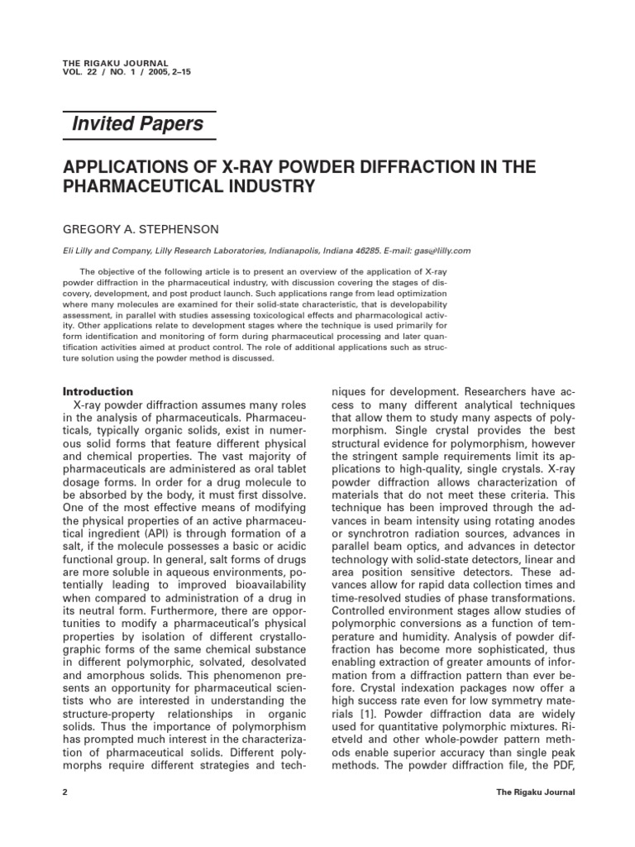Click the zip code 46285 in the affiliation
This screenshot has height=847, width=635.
tap(362, 251)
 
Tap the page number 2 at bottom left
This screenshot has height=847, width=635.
tap(65, 792)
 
